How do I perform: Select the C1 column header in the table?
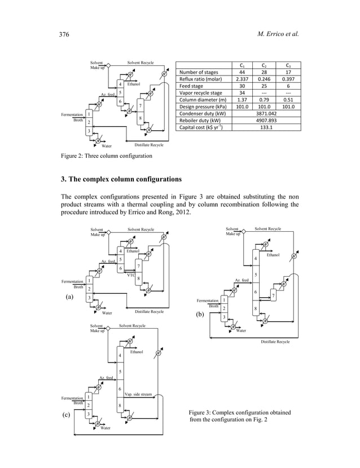click(242, 65)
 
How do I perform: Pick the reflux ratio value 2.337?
click(242, 80)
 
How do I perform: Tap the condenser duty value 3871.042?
click(265, 113)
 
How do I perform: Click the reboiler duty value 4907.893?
click(265, 120)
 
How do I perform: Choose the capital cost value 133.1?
click(265, 127)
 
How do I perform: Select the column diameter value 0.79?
click(265, 100)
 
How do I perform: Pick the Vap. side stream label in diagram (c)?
click(138, 395)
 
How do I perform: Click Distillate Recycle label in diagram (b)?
click(275, 342)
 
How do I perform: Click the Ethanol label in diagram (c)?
click(137, 351)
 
